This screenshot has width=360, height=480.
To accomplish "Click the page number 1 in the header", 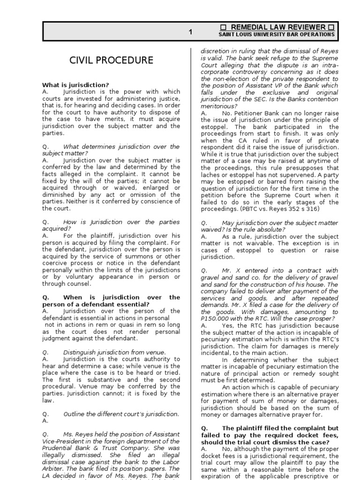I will point(190,32).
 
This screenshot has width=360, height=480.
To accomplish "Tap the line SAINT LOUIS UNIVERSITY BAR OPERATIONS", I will point(277,35).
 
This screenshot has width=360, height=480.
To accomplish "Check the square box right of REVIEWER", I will point(330,27).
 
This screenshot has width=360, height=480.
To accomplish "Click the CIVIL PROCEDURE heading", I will point(111,60).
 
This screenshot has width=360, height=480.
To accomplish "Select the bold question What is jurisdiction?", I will point(75,85).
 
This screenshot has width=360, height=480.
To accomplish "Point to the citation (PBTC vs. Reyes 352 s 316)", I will point(280,209).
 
